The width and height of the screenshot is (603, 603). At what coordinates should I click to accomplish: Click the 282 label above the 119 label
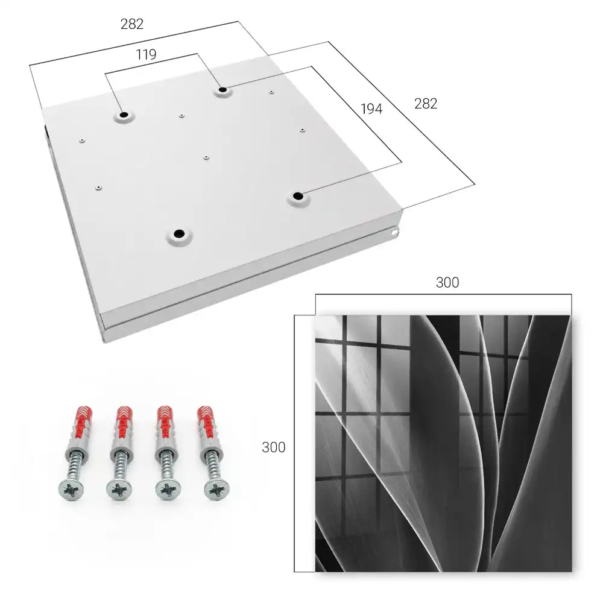(132, 24)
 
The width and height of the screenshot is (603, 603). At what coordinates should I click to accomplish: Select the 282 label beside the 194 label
(426, 104)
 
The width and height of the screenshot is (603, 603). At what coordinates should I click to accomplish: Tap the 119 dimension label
(146, 55)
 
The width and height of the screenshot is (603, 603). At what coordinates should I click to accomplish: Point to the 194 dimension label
(371, 109)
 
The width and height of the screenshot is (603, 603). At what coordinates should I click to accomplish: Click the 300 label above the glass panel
(447, 283)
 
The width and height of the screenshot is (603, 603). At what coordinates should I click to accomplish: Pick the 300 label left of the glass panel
(273, 447)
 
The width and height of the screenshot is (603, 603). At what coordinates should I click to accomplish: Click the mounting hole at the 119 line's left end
(124, 115)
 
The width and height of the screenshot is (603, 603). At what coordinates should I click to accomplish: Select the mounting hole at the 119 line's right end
(223, 90)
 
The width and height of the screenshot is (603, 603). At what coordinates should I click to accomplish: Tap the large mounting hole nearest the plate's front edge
(179, 233)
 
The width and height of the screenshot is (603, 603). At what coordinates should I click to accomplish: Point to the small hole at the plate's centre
(206, 157)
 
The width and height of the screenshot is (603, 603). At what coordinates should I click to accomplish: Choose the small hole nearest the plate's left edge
(81, 140)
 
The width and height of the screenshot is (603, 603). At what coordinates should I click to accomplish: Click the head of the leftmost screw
(72, 490)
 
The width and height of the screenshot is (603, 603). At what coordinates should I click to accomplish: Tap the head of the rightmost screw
(216, 490)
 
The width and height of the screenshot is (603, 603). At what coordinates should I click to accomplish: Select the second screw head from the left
(119, 490)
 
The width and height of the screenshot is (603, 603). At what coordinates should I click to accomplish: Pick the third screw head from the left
(168, 490)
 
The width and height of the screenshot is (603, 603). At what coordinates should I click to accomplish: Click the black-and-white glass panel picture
(443, 443)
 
